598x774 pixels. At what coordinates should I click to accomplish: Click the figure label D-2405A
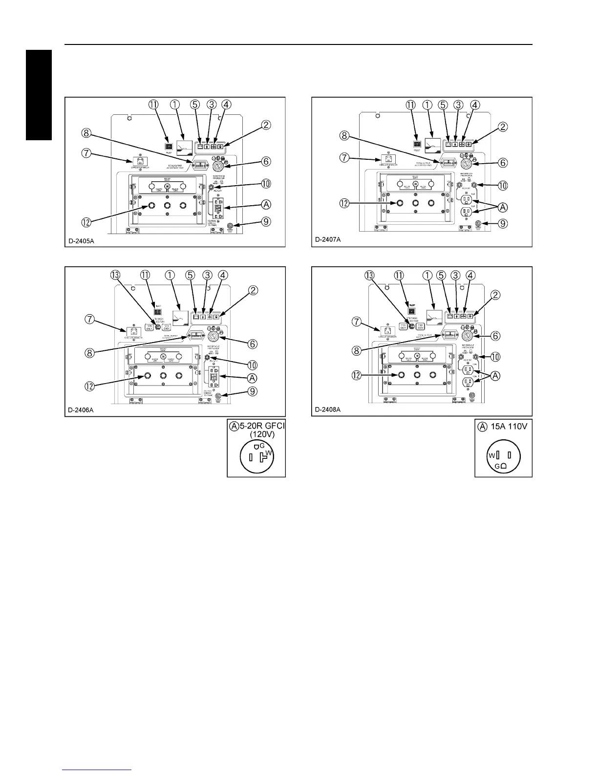(x=82, y=240)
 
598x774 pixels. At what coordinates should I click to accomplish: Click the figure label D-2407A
(x=328, y=240)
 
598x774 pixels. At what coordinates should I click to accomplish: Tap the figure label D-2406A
(x=82, y=409)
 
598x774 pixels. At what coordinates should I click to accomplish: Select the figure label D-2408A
(x=328, y=409)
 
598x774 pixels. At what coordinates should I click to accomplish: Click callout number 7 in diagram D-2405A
(x=86, y=153)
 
